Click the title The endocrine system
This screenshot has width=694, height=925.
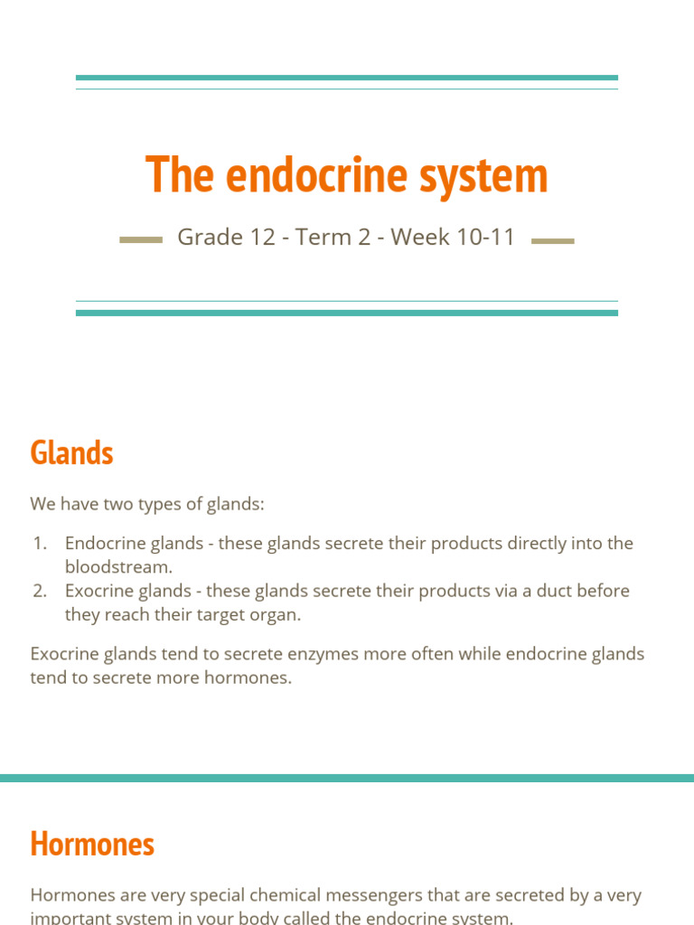pos(346,174)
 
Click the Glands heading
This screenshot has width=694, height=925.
pos(71,453)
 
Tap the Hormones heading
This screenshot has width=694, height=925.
pos(92,844)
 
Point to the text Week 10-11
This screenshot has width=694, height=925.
pos(453,238)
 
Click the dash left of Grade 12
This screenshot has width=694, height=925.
pos(141,240)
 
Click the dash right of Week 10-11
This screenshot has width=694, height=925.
pos(553,240)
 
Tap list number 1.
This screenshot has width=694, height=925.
pos(39,544)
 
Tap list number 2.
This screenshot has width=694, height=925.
pos(39,591)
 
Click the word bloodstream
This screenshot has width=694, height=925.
pos(117,567)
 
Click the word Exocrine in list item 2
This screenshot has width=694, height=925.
pos(98,591)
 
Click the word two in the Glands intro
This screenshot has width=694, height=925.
pos(117,504)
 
